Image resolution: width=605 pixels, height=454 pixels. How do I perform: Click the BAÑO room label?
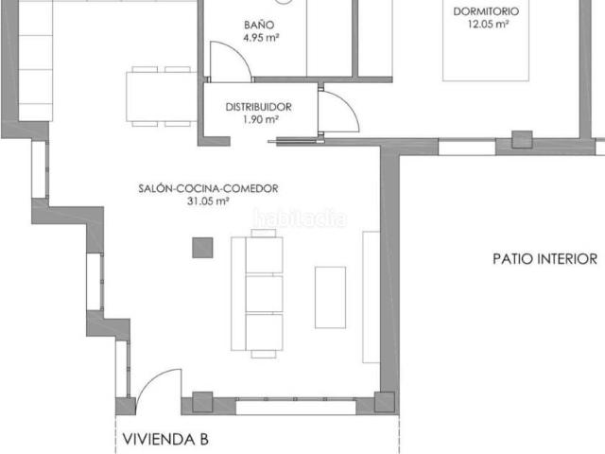(259, 25)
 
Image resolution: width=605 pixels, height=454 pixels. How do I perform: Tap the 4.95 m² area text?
(261, 38)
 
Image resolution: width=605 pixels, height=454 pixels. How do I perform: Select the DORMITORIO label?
(486, 11)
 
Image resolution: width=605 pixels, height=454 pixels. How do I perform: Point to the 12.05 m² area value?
(488, 24)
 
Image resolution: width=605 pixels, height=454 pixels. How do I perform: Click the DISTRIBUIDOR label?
(258, 107)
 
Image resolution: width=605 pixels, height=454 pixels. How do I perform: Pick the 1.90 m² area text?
(261, 119)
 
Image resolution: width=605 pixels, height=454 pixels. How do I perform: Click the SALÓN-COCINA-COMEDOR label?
(208, 188)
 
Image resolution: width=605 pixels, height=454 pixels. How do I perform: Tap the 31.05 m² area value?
(208, 201)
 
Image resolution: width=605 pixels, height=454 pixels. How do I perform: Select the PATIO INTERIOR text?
(545, 258)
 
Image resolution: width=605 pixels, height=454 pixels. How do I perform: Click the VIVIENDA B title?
(165, 439)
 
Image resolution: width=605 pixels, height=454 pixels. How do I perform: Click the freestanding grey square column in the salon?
(202, 248)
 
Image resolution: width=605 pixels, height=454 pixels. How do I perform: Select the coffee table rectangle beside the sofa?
(330, 297)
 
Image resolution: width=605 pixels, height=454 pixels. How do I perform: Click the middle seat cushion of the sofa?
(265, 293)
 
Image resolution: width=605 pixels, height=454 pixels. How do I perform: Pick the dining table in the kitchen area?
(162, 96)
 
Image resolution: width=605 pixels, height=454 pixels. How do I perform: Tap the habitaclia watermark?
(300, 218)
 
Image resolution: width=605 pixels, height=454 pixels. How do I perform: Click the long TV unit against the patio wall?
(372, 297)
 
